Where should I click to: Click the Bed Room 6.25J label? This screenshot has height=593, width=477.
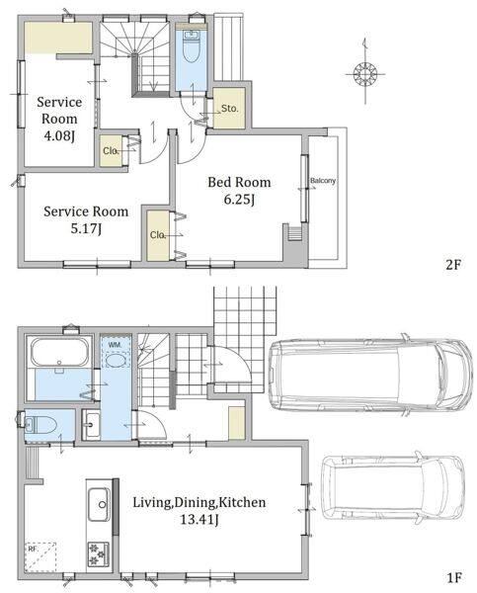click(x=239, y=190)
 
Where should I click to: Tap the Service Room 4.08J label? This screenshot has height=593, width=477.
click(x=59, y=119)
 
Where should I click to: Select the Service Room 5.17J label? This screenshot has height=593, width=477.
click(x=86, y=219)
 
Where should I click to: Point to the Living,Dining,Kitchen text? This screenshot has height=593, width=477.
click(x=199, y=502)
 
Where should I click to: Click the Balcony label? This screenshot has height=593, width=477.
click(x=323, y=181)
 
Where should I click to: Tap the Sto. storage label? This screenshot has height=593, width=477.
click(x=230, y=109)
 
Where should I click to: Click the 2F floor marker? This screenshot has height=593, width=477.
click(x=453, y=264)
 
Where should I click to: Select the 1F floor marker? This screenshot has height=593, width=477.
click(x=454, y=577)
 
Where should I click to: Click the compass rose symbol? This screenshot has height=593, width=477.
click(x=365, y=73)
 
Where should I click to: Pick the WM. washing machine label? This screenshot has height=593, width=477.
click(x=115, y=345)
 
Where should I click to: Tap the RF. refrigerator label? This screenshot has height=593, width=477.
click(x=33, y=549)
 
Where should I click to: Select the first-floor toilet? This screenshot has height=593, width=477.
click(x=40, y=425)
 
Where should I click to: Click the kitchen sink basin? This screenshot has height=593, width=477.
click(x=99, y=504)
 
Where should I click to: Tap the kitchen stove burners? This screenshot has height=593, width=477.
click(x=99, y=554)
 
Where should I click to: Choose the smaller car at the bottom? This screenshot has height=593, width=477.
click(x=393, y=488)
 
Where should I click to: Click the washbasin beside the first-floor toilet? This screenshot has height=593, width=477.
click(x=91, y=425)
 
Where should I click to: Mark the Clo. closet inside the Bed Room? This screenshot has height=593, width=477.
click(x=158, y=235)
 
